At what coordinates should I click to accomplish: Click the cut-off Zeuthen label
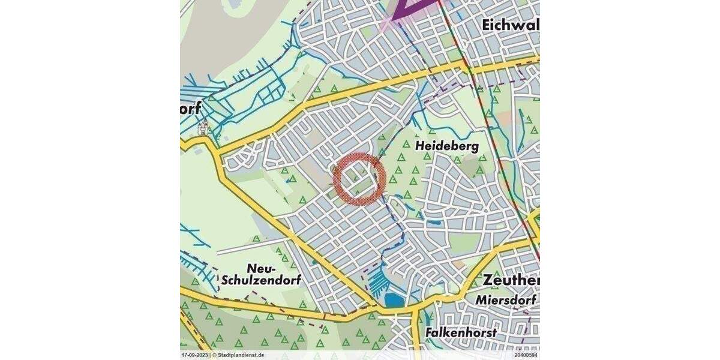511,280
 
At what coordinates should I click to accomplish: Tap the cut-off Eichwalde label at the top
511,25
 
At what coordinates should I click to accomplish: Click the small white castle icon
203,127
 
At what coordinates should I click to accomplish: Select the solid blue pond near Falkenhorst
394,299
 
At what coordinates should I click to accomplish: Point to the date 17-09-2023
195,355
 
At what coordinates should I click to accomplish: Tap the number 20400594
526,355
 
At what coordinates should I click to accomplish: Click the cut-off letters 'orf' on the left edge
190,109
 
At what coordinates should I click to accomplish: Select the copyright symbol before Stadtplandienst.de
214,355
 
